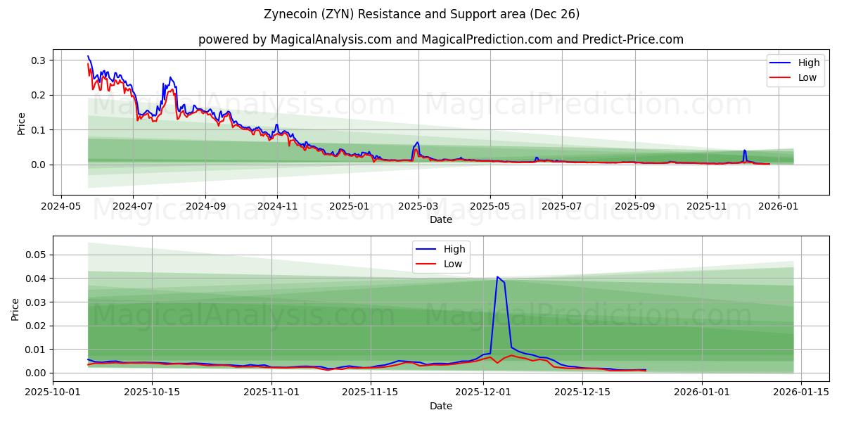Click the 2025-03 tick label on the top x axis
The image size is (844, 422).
(x=418, y=206)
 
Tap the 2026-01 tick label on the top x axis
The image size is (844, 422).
(x=779, y=206)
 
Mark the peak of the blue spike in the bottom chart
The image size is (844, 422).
(x=497, y=277)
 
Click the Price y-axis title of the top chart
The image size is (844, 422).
(x=21, y=123)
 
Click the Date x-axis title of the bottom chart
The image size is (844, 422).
(x=441, y=406)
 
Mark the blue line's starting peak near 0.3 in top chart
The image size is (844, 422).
(x=88, y=56)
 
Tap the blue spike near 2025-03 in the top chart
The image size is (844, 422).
(x=417, y=143)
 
